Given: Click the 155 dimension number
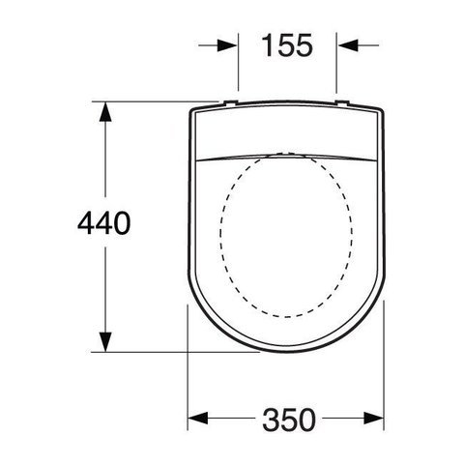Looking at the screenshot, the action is [287, 45].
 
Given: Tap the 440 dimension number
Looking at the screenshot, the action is [104, 223].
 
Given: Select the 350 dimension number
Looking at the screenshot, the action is [289, 420].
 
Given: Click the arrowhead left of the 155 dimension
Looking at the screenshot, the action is [227, 45].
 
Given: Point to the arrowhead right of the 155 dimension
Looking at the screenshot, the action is [348, 45].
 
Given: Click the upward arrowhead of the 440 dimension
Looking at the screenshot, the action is [105, 112].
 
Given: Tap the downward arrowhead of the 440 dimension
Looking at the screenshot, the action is [105, 342].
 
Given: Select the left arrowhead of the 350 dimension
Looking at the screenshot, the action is [198, 419].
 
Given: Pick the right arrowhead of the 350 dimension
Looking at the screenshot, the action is [373, 419].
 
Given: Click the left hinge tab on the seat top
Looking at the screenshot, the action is [231, 102].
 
